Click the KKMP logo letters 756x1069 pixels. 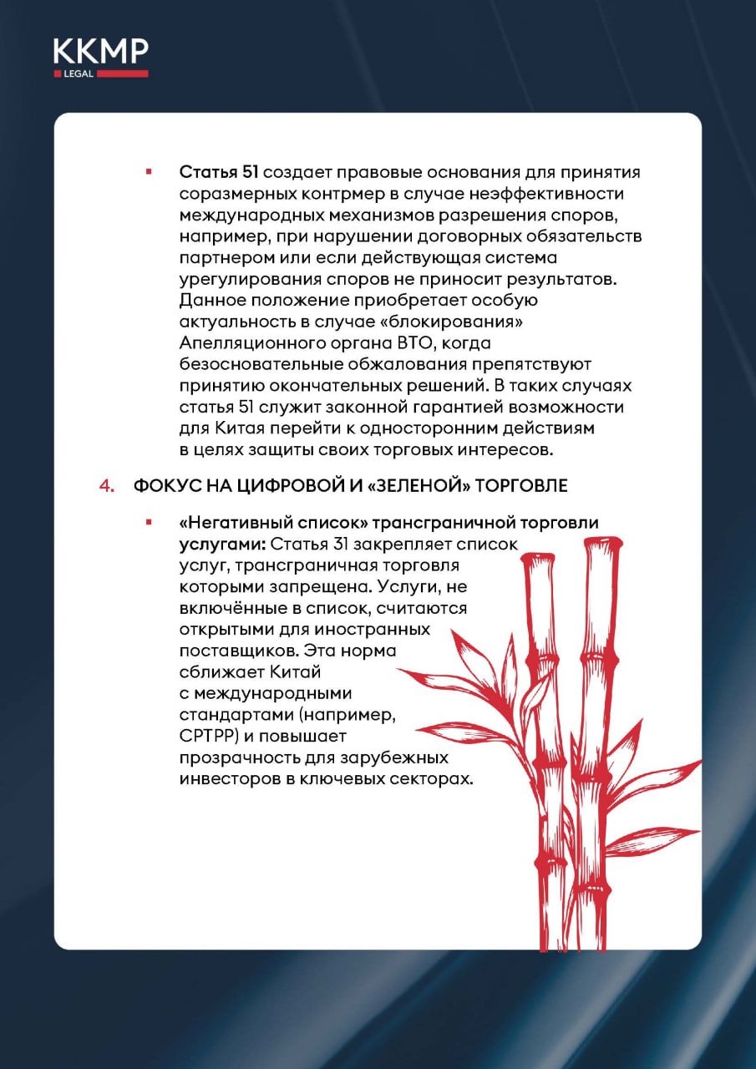(100, 53)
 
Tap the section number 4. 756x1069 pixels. (106, 486)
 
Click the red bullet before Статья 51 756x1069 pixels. (149, 172)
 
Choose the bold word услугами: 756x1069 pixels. (211, 545)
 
